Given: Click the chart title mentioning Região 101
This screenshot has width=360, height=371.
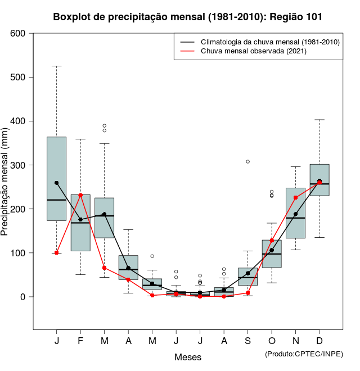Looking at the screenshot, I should (x=188, y=17).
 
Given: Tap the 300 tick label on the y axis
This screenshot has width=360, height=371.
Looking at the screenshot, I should (x=18, y=165).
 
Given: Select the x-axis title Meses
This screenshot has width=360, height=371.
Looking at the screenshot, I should (x=188, y=357).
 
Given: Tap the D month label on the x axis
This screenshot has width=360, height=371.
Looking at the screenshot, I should (x=319, y=341).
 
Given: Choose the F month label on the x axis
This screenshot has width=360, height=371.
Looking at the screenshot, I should (x=80, y=341).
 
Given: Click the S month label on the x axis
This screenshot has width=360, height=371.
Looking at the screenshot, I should (x=247, y=341).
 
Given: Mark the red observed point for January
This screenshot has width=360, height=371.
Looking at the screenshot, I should (x=57, y=253).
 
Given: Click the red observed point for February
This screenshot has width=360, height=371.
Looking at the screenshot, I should (x=80, y=195).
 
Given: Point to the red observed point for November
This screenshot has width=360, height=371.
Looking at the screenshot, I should (x=295, y=198).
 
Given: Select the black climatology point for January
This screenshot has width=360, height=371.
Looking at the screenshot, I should (x=57, y=183).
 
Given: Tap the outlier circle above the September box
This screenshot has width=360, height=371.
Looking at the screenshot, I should (x=247, y=161).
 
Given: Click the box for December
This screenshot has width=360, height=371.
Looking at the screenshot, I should (x=319, y=180).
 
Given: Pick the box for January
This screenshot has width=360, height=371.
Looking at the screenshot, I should (x=56, y=179).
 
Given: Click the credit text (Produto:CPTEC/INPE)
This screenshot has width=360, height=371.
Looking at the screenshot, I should (x=304, y=354).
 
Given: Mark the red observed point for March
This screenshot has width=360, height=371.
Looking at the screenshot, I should (x=105, y=268).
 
